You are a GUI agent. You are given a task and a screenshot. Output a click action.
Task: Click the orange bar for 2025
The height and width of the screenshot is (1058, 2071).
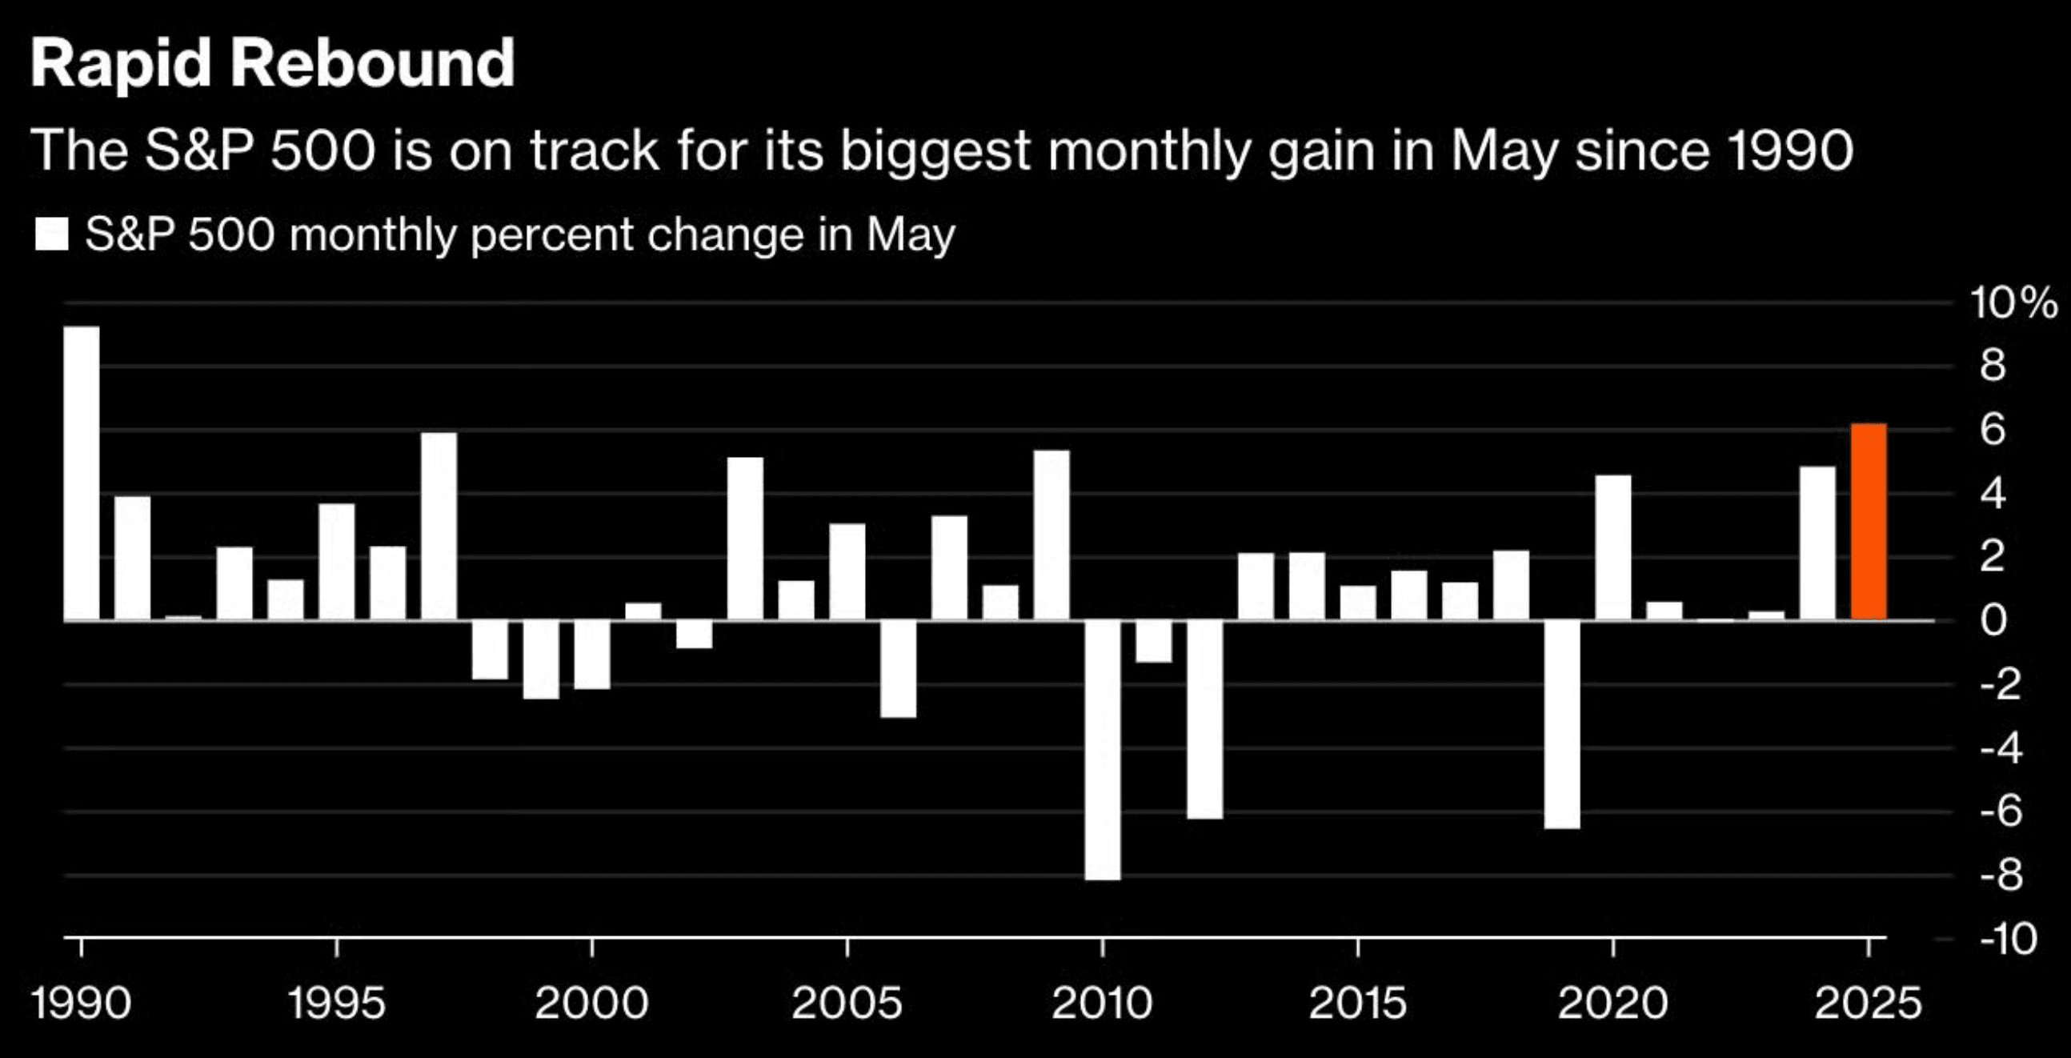click(x=1869, y=522)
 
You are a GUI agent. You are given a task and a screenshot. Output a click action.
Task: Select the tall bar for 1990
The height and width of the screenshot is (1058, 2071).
click(x=82, y=474)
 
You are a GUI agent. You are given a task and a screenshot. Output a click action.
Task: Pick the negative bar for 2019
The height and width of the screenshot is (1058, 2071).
click(x=1562, y=724)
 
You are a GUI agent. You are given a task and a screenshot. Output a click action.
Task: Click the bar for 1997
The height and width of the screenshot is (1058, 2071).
click(x=439, y=527)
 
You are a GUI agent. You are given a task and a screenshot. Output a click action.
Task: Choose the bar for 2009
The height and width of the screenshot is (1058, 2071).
click(x=1052, y=535)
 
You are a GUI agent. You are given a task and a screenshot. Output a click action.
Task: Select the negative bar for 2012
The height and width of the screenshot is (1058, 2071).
click(x=1204, y=719)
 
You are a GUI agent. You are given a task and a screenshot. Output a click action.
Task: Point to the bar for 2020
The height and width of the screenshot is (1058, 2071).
click(x=1613, y=547)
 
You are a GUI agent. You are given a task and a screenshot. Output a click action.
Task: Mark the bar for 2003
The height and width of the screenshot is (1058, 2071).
click(x=745, y=539)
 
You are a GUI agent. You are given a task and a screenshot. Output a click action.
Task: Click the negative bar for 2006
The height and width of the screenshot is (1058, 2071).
click(x=898, y=669)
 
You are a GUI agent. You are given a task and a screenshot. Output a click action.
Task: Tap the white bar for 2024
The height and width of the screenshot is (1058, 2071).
click(x=1818, y=543)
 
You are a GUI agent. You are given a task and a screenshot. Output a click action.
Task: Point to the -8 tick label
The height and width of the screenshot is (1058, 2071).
click(x=2001, y=876)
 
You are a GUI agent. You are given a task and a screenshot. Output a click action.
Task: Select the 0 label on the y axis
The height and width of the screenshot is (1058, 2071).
click(x=1994, y=621)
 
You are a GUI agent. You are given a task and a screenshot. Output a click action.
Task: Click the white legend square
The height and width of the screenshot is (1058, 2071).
click(x=51, y=234)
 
